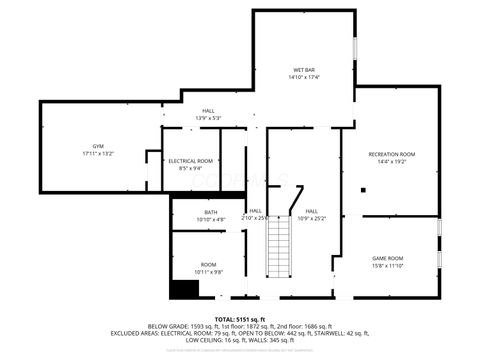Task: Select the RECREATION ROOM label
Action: [x=391, y=154]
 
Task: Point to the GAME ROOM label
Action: [x=388, y=258]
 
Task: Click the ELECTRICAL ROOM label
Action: [x=190, y=161]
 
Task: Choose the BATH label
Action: [x=211, y=212]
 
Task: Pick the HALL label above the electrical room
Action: [x=208, y=111]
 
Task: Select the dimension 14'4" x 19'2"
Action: [x=391, y=161]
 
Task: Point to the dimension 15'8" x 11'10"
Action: [x=388, y=265]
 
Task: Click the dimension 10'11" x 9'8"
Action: [x=208, y=271]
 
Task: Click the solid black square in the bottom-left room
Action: [x=183, y=289]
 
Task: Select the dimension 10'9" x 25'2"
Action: [x=312, y=218]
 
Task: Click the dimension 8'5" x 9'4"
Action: [x=190, y=168]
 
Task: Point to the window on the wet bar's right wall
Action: [x=355, y=50]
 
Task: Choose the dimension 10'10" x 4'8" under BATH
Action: [x=211, y=219]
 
